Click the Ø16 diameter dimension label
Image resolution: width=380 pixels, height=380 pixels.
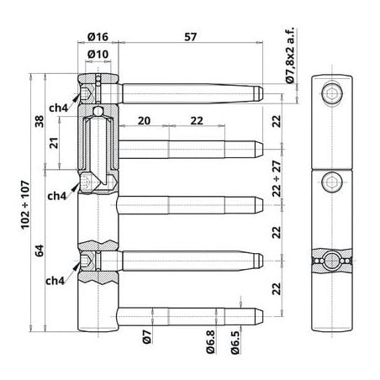[x=98, y=36]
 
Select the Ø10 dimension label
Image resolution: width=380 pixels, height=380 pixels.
[x=98, y=54]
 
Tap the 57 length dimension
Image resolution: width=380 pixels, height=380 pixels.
[x=190, y=37]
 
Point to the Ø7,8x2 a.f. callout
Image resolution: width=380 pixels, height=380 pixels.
[x=290, y=55]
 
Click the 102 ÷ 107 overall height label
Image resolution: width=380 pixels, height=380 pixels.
[x=25, y=205]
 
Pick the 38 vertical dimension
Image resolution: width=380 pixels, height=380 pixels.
[x=40, y=121]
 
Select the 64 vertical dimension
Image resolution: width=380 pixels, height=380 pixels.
[x=40, y=251]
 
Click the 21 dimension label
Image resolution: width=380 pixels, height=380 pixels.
[x=54, y=143]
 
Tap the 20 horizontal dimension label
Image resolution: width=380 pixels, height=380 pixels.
[x=144, y=121]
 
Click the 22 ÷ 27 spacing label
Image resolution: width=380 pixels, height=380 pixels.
[x=277, y=178]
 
